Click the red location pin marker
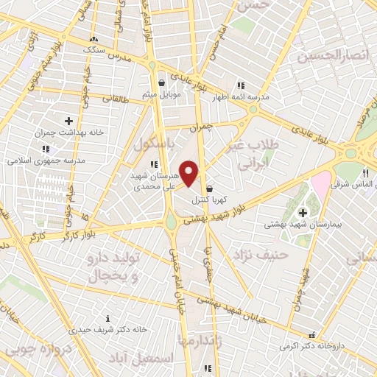189,174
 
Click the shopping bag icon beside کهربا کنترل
210,188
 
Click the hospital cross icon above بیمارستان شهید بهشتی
303,213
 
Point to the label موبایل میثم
161,94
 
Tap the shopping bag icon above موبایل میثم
161,82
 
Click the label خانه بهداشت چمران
68,134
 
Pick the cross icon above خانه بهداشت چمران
68,121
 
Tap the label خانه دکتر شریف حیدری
108,329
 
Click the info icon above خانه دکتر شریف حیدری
108,317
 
